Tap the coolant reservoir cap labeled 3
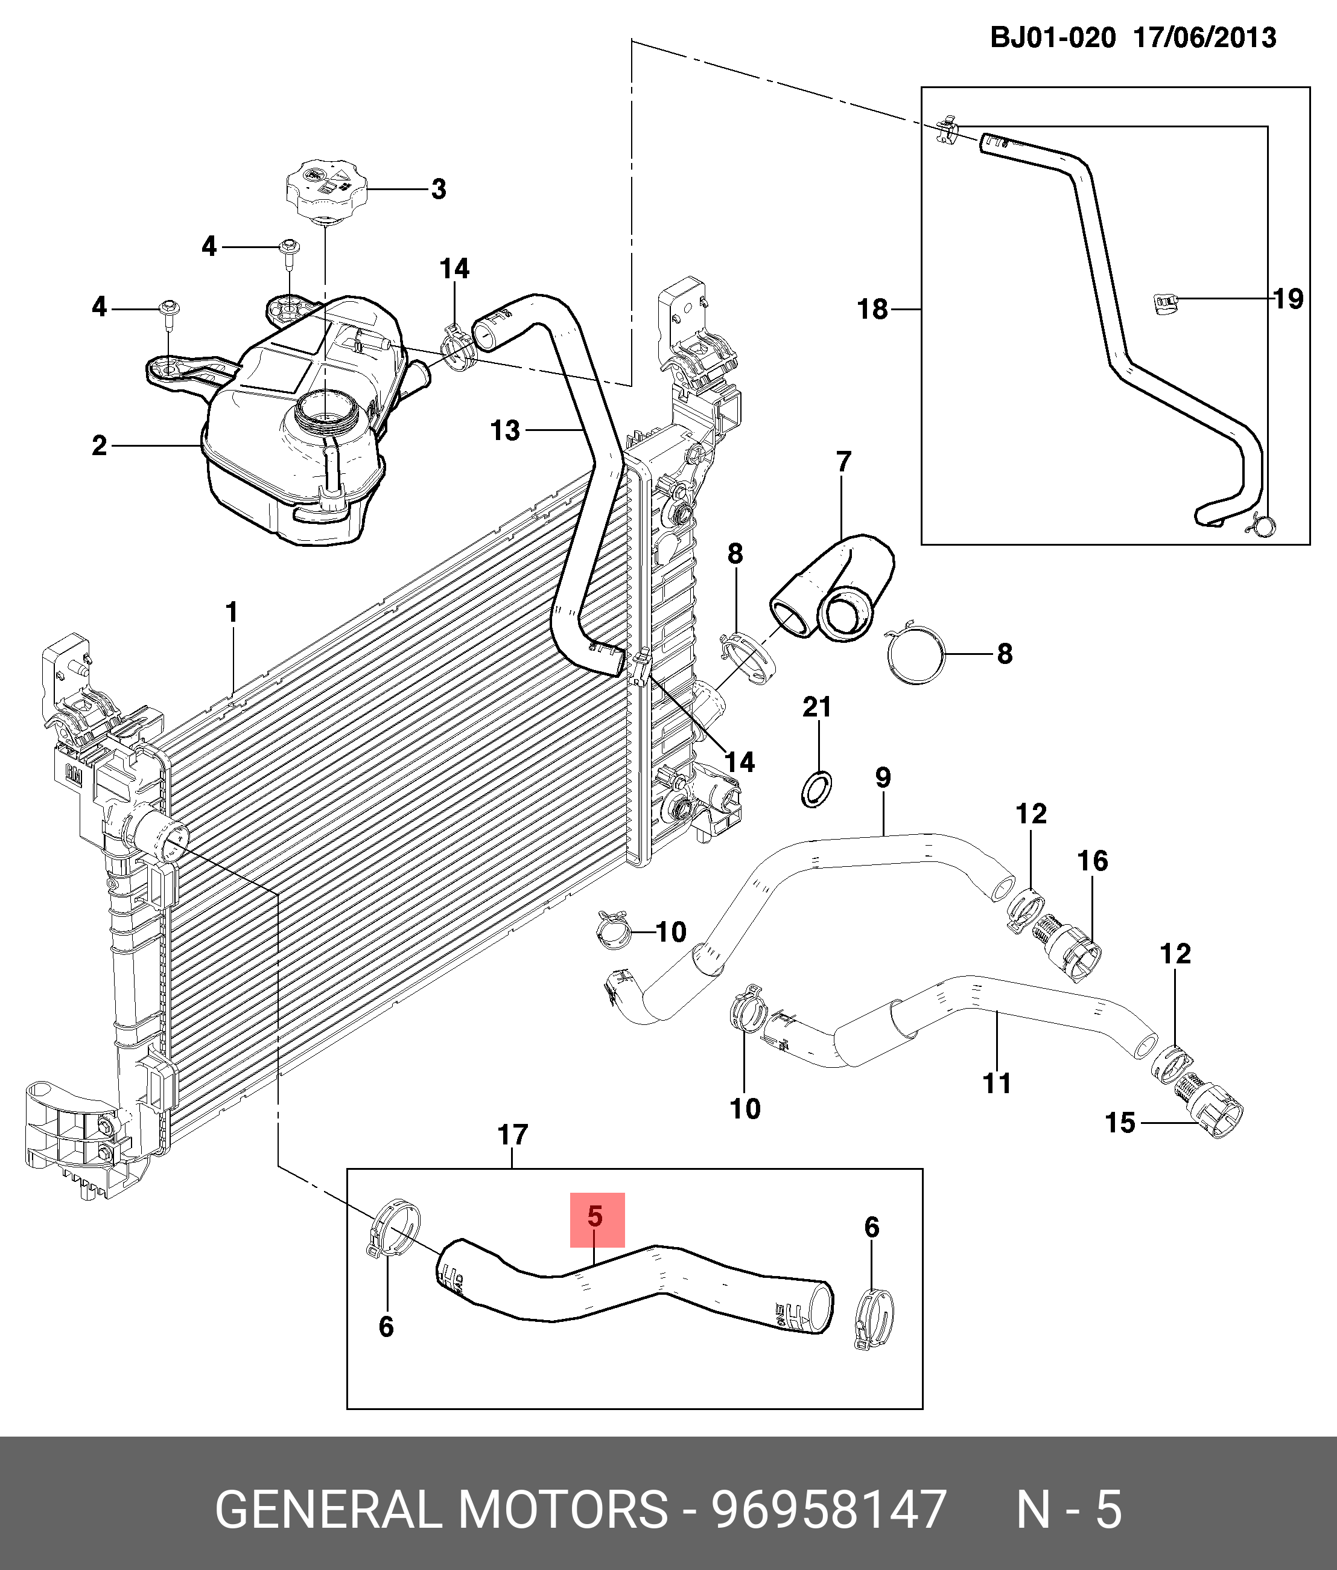pyautogui.click(x=326, y=187)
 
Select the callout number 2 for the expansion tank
pyautogui.click(x=99, y=445)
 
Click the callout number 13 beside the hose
pyautogui.click(x=505, y=430)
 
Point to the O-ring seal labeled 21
pyautogui.click(x=816, y=790)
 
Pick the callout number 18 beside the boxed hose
pyautogui.click(x=872, y=309)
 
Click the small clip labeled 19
pyautogui.click(x=1167, y=304)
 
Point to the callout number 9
pyautogui.click(x=883, y=777)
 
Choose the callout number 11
pyautogui.click(x=997, y=1083)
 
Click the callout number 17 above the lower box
pyautogui.click(x=513, y=1135)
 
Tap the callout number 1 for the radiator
pyautogui.click(x=232, y=612)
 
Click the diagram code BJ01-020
pyautogui.click(x=1053, y=37)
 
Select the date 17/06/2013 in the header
pyautogui.click(x=1204, y=37)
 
